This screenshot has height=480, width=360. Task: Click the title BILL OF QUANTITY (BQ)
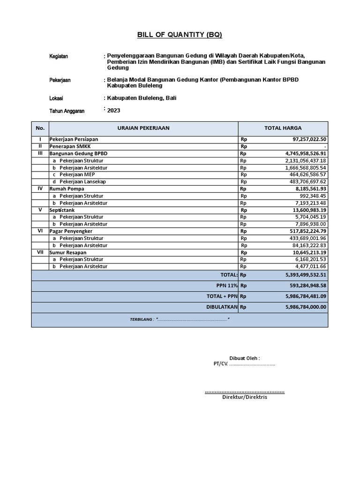180,35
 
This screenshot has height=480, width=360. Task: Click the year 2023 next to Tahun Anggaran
114,111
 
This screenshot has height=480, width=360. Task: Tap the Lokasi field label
56,98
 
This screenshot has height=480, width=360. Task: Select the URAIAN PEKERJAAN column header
143,128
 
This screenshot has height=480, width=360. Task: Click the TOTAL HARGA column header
283,128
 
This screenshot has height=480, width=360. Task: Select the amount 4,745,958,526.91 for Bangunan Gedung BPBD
306,153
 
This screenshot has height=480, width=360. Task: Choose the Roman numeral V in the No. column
40,210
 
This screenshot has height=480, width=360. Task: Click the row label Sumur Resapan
68,252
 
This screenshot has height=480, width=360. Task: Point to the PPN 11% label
227,285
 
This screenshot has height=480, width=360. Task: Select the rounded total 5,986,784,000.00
306,307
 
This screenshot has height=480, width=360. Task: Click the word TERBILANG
141,319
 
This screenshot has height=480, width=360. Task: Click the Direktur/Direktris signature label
244,397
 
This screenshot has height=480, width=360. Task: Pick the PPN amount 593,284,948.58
306,285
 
